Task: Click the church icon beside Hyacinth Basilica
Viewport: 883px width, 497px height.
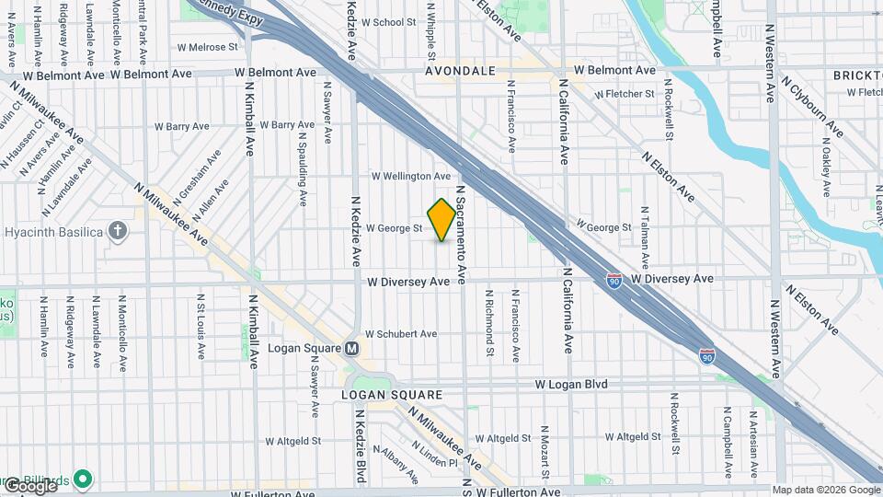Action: click(117, 230)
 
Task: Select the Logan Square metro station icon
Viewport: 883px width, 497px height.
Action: click(350, 349)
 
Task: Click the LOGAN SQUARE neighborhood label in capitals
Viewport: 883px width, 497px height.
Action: click(380, 395)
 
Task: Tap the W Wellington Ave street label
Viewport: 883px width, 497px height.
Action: click(410, 176)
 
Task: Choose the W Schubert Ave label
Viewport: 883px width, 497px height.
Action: click(401, 334)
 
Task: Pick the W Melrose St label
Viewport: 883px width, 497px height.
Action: click(207, 46)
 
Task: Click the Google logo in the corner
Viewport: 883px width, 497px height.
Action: click(29, 485)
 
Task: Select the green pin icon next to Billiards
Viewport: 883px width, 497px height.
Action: click(83, 479)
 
